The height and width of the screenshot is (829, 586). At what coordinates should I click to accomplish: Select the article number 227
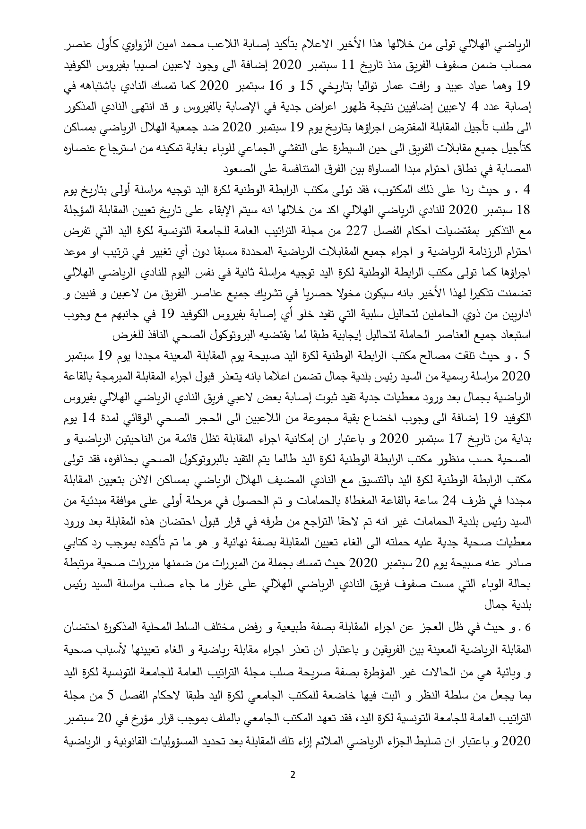[355, 231]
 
